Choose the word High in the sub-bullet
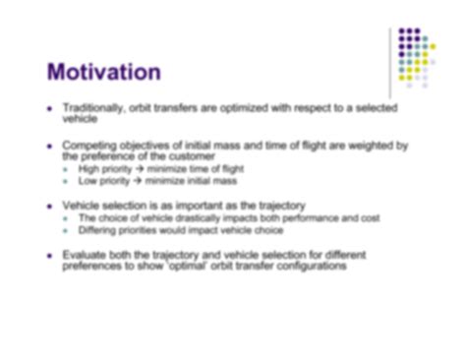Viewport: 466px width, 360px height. [87, 168]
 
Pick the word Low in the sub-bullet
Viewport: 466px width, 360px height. [86, 180]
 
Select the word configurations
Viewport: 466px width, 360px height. [310, 265]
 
